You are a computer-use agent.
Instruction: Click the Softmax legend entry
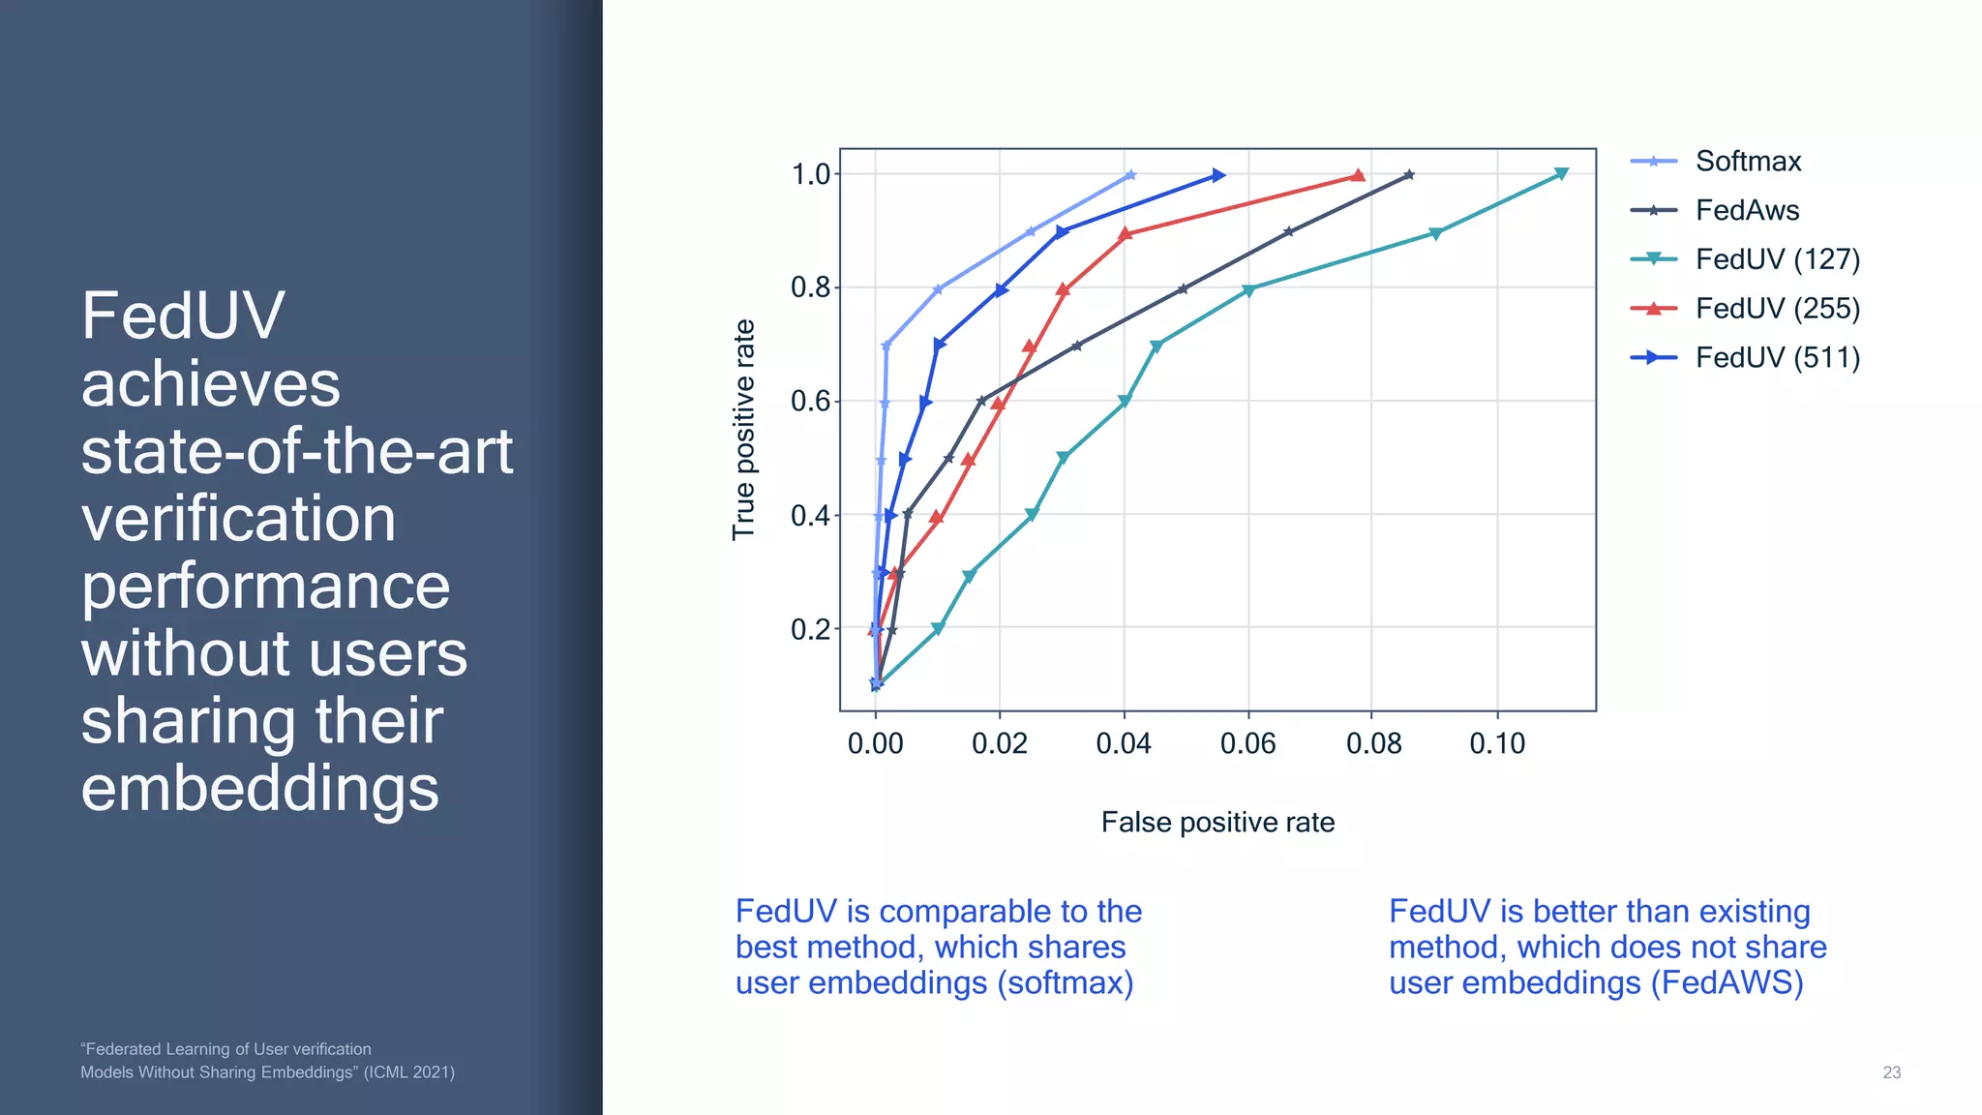pyautogui.click(x=1747, y=162)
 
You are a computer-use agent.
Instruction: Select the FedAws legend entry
pyautogui.click(x=1746, y=210)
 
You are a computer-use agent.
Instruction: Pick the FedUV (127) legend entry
pyautogui.click(x=1777, y=259)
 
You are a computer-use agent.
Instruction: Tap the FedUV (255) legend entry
pyautogui.click(x=1777, y=309)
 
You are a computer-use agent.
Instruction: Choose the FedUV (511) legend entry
pyautogui.click(x=1777, y=358)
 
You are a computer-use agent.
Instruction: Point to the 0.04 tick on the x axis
pyautogui.click(x=1124, y=743)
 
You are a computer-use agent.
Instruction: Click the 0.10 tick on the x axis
pyautogui.click(x=1497, y=743)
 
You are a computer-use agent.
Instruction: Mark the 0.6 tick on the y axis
pyautogui.click(x=811, y=401)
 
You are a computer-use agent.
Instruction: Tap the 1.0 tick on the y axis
pyautogui.click(x=811, y=174)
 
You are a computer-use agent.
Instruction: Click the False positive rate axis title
pyautogui.click(x=1217, y=823)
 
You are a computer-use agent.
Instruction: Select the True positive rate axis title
pyautogui.click(x=743, y=430)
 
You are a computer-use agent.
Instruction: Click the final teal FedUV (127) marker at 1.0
pyautogui.click(x=1561, y=174)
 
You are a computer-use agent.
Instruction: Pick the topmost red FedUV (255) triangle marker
pyautogui.click(x=1358, y=175)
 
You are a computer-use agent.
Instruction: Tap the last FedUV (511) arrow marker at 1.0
pyautogui.click(x=1218, y=175)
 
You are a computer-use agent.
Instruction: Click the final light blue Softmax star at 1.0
pyautogui.click(x=1130, y=175)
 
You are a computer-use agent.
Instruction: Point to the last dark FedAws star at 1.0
pyautogui.click(x=1409, y=175)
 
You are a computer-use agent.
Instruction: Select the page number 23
pyautogui.click(x=1891, y=1072)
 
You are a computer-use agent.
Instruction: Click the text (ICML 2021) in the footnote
pyautogui.click(x=408, y=1072)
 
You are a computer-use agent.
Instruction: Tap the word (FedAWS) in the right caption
pyautogui.click(x=1727, y=983)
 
